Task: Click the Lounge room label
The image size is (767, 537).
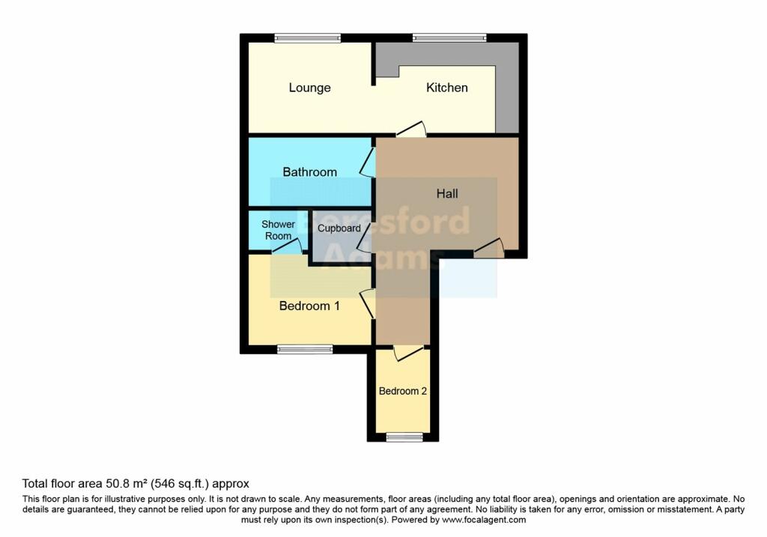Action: pos(309,88)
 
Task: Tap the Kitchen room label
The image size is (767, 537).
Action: pos(447,88)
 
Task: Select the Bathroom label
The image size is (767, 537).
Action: pos(309,172)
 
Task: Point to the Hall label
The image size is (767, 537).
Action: pos(447,194)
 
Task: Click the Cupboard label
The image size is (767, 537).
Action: pos(339,228)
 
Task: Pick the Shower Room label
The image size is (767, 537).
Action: pos(278,230)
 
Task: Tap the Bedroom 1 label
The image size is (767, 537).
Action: pos(309,306)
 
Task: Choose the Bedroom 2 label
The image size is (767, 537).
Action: pos(403,391)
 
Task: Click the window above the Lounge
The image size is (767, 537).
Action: pos(307,37)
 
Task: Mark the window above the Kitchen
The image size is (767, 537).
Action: pos(449,37)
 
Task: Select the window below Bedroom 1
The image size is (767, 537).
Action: pos(305,349)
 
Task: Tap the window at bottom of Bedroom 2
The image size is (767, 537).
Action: pos(404,437)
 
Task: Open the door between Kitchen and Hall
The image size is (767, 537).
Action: pos(411,130)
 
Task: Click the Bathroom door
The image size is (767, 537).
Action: pos(368,162)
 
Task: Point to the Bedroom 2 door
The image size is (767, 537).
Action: pos(408,353)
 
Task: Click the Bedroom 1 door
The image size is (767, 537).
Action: pos(367,304)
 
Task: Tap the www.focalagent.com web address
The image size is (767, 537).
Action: pos(484,520)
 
